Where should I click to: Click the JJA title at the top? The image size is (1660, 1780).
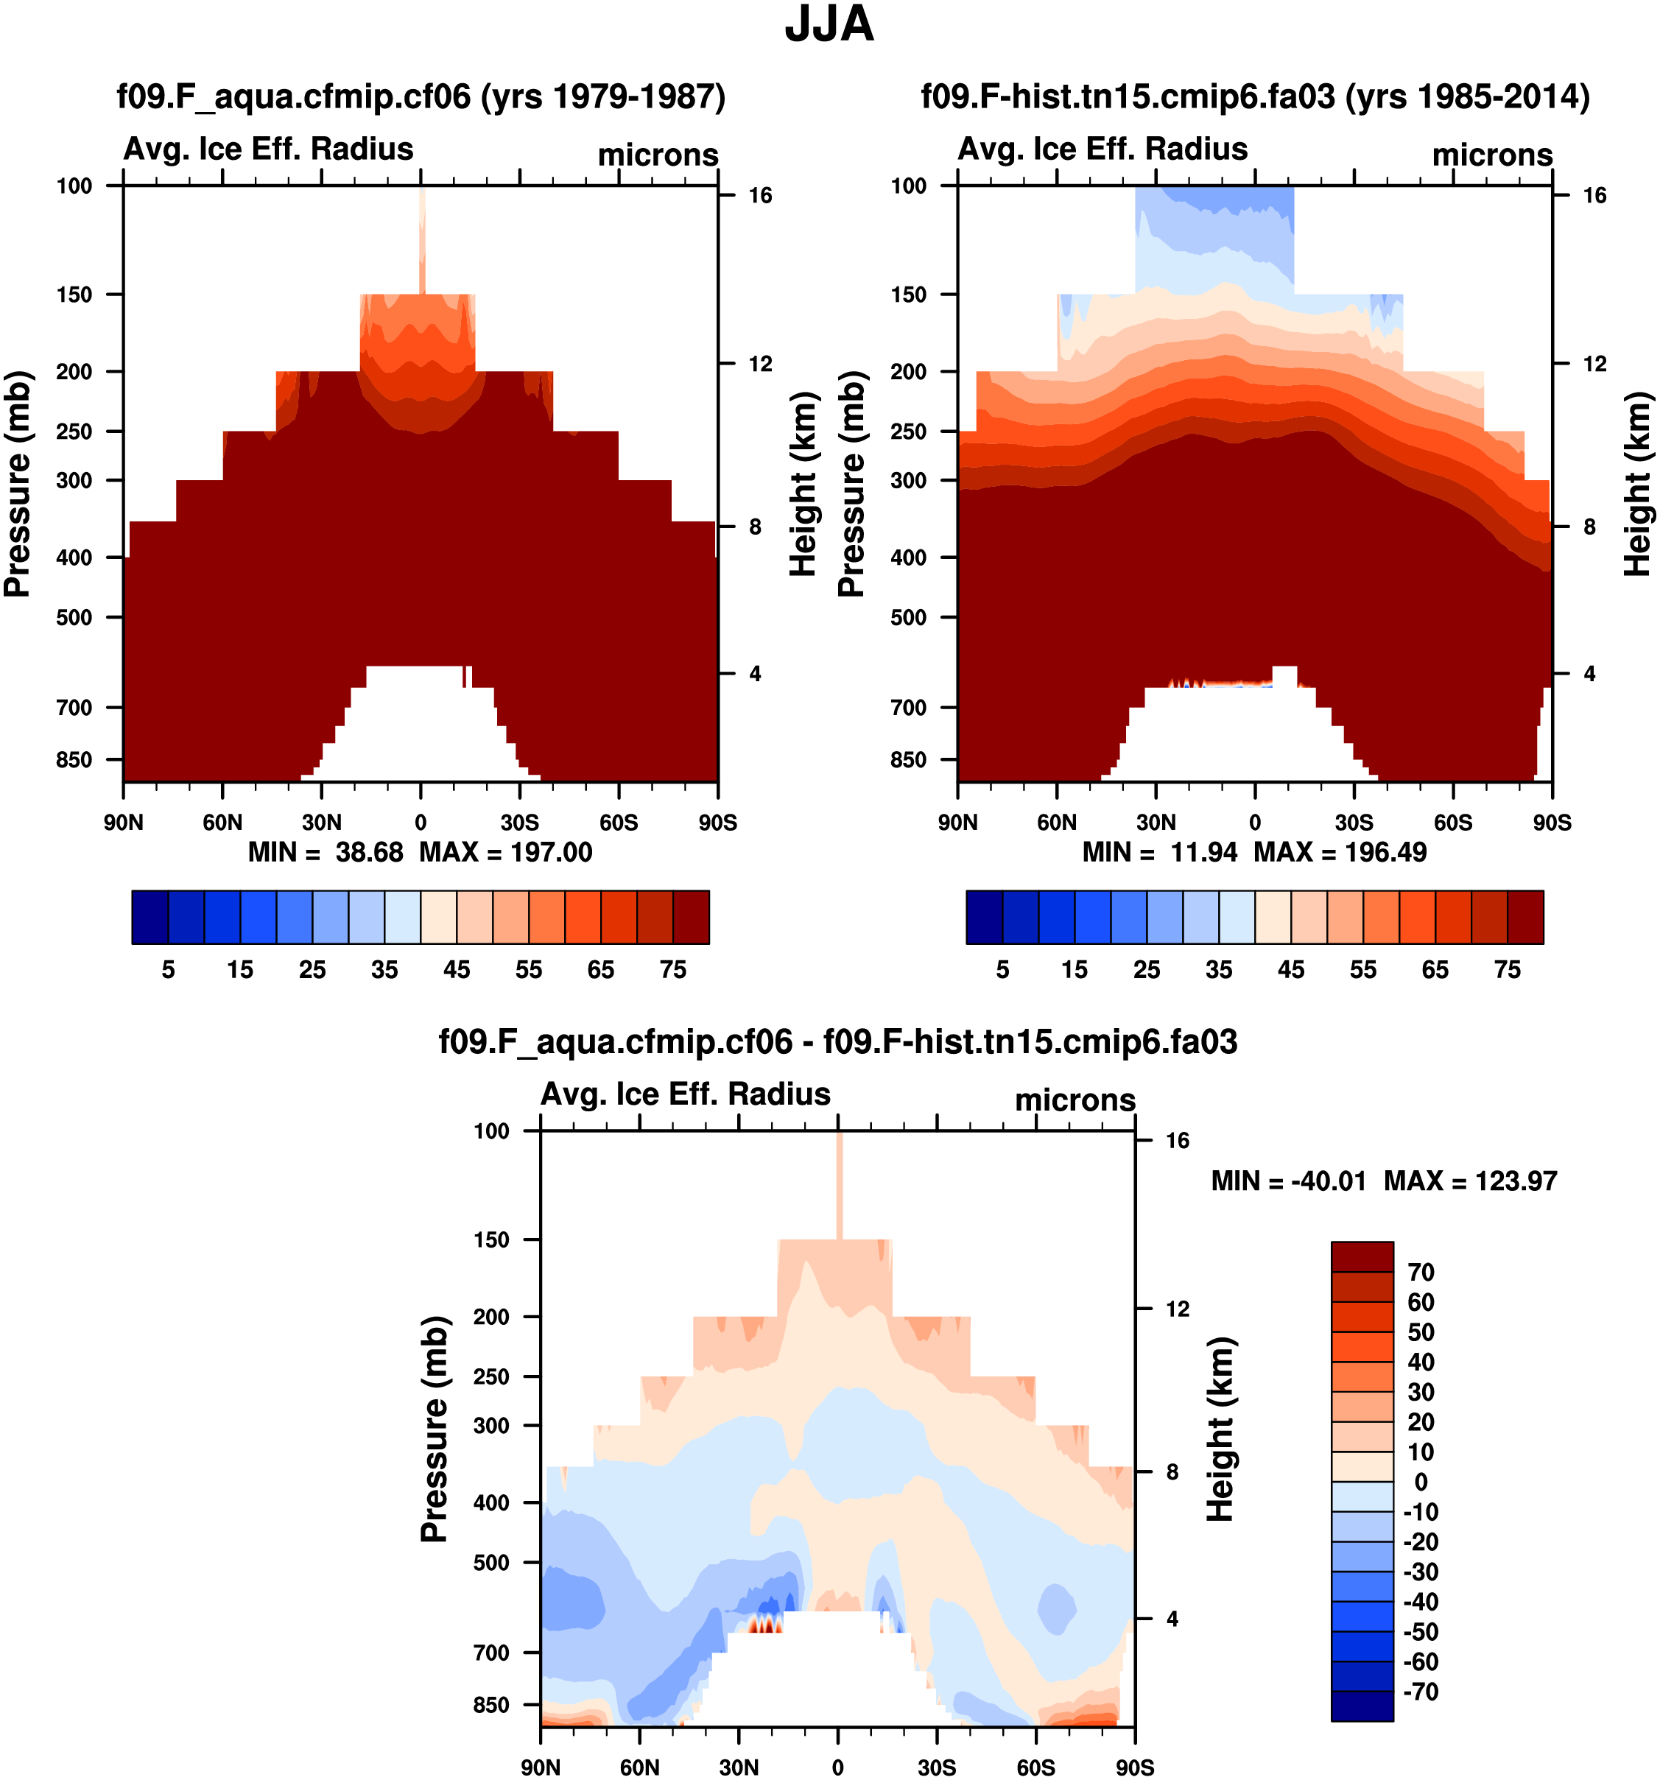click(x=829, y=25)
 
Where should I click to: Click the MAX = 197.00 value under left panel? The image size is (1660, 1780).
click(x=506, y=851)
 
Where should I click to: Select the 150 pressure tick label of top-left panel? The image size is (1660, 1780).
click(x=74, y=295)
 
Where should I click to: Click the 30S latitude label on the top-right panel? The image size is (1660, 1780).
click(x=1354, y=822)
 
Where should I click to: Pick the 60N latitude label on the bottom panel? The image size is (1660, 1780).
click(x=639, y=1767)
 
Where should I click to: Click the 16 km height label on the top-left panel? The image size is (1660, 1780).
click(x=760, y=195)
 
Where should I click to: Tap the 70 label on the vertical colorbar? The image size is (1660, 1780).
click(x=1421, y=1273)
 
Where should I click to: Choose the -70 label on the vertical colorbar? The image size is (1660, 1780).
click(x=1420, y=1692)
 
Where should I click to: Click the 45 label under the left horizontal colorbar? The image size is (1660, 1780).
click(x=457, y=970)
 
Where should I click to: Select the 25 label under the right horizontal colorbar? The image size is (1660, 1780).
click(x=1147, y=970)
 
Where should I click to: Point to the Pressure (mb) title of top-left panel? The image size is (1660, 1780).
click(x=18, y=484)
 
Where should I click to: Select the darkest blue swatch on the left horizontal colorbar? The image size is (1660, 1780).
click(x=150, y=917)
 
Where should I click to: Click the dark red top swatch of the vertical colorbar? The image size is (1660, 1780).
click(x=1362, y=1256)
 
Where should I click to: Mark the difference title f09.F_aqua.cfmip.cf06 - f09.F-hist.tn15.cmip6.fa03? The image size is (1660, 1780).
click(x=838, y=1041)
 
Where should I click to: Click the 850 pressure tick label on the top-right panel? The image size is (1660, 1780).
click(x=908, y=759)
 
